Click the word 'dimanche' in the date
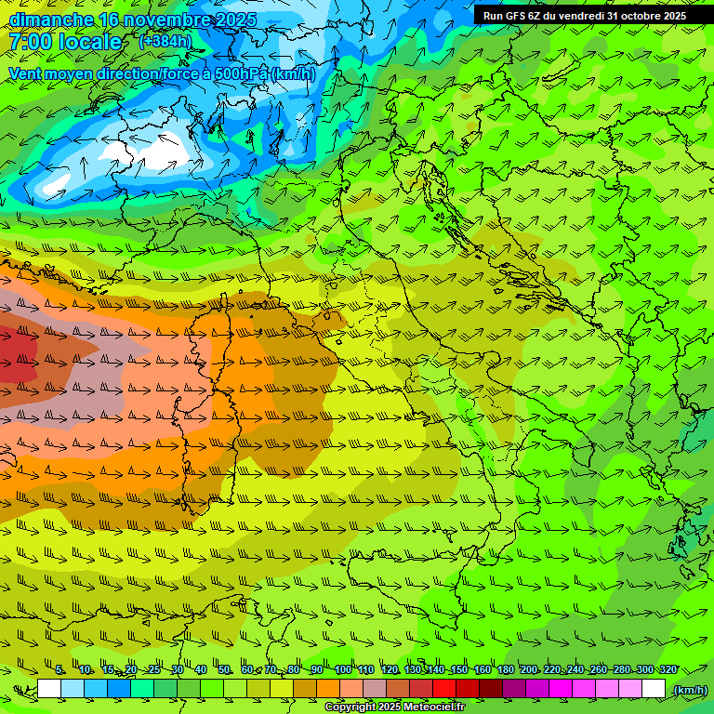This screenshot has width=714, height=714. (49, 20)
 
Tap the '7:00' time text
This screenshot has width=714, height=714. (31, 42)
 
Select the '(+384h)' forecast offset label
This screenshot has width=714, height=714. (165, 42)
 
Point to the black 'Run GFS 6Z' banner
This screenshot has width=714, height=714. (584, 15)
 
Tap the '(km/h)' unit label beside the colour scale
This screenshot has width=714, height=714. (689, 690)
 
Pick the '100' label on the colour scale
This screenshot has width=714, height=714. (343, 670)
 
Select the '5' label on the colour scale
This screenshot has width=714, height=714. (59, 670)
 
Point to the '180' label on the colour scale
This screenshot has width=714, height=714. (505, 670)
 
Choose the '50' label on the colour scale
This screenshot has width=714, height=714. (224, 670)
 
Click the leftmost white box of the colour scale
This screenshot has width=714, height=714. (49, 689)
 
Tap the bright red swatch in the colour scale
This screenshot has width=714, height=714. (444, 689)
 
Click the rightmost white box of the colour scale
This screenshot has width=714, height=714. (654, 689)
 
